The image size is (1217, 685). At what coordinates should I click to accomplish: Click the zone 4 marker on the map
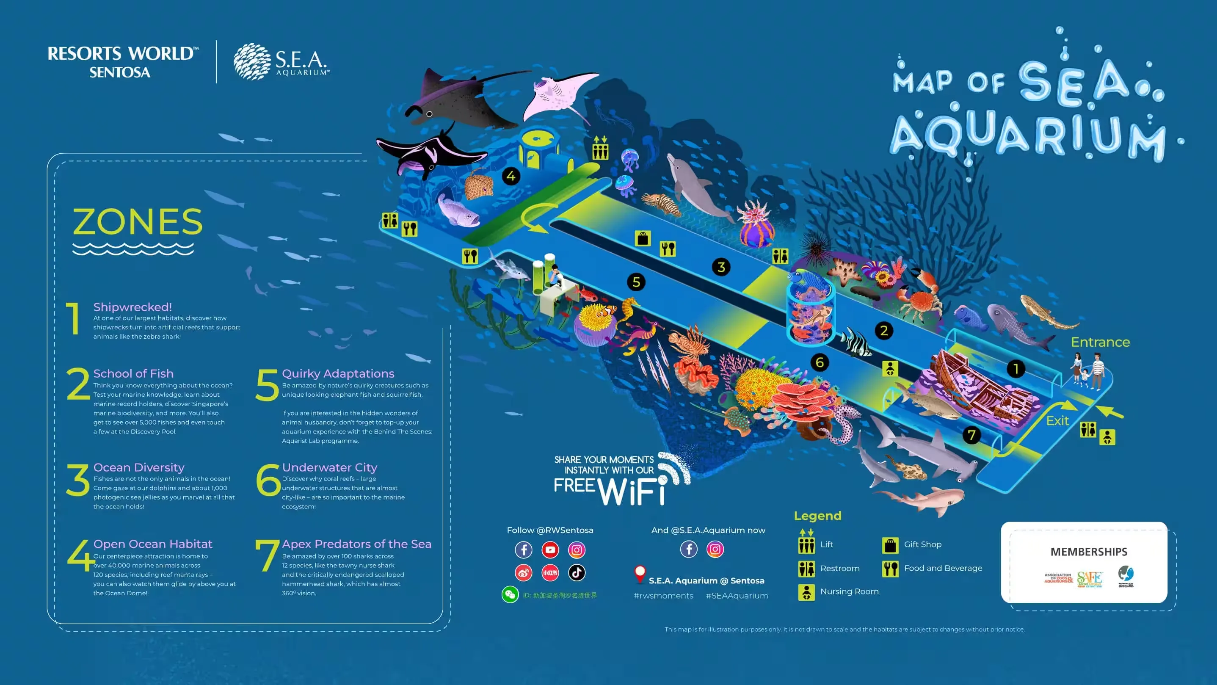[x=511, y=176]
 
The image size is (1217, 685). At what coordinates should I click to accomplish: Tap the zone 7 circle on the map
[x=971, y=435]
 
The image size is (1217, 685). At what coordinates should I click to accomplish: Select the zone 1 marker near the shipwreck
[x=1016, y=369]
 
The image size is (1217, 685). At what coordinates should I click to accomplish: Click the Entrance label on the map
[x=1100, y=342]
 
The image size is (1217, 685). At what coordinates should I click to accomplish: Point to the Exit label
[x=1057, y=420]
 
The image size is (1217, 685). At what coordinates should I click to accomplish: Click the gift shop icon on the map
[x=643, y=239]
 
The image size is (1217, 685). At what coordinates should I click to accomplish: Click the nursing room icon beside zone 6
[x=890, y=368]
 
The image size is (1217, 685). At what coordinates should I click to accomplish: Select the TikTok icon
[x=577, y=572]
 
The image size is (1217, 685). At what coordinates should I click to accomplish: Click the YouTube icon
[x=550, y=550]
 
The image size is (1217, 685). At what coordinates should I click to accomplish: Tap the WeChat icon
[x=510, y=595]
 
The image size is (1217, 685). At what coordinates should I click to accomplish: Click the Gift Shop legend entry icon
[x=890, y=545]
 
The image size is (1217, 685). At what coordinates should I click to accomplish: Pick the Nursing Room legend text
[x=849, y=591]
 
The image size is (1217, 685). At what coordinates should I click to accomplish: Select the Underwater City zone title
[x=329, y=467]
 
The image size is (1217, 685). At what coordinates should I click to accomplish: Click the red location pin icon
[x=640, y=574]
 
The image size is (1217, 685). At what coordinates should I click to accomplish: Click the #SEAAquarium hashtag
[x=737, y=596]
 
